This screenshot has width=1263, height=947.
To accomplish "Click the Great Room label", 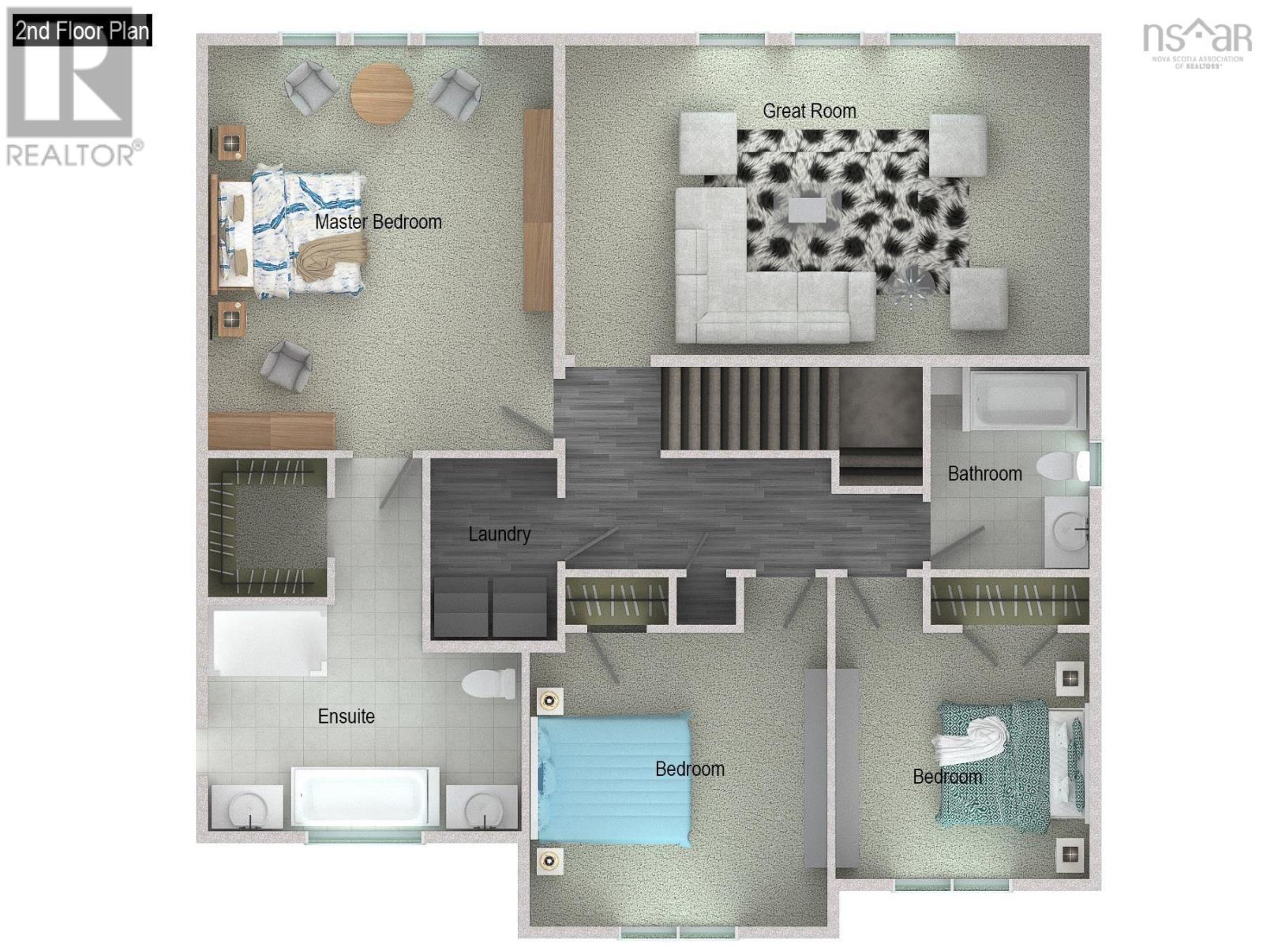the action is click(x=809, y=111).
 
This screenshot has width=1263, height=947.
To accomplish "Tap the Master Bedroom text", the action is click(x=378, y=222).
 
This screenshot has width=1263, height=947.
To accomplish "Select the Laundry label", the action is click(x=499, y=534).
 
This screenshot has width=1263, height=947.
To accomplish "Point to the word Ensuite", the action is click(x=346, y=717).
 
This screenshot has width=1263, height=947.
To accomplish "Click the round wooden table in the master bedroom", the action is click(x=382, y=93).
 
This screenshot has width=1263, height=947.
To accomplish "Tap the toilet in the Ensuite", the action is click(x=489, y=683).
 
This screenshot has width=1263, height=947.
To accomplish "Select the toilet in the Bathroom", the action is click(x=1063, y=466).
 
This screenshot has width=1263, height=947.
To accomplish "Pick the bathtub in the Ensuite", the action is click(x=365, y=797).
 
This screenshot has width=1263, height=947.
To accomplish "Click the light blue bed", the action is click(x=614, y=780).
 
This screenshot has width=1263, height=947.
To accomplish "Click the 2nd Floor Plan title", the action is click(x=82, y=31).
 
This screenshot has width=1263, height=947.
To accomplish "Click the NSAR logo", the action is click(x=1197, y=43).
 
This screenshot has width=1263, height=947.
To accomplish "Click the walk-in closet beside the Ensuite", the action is click(x=268, y=527).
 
